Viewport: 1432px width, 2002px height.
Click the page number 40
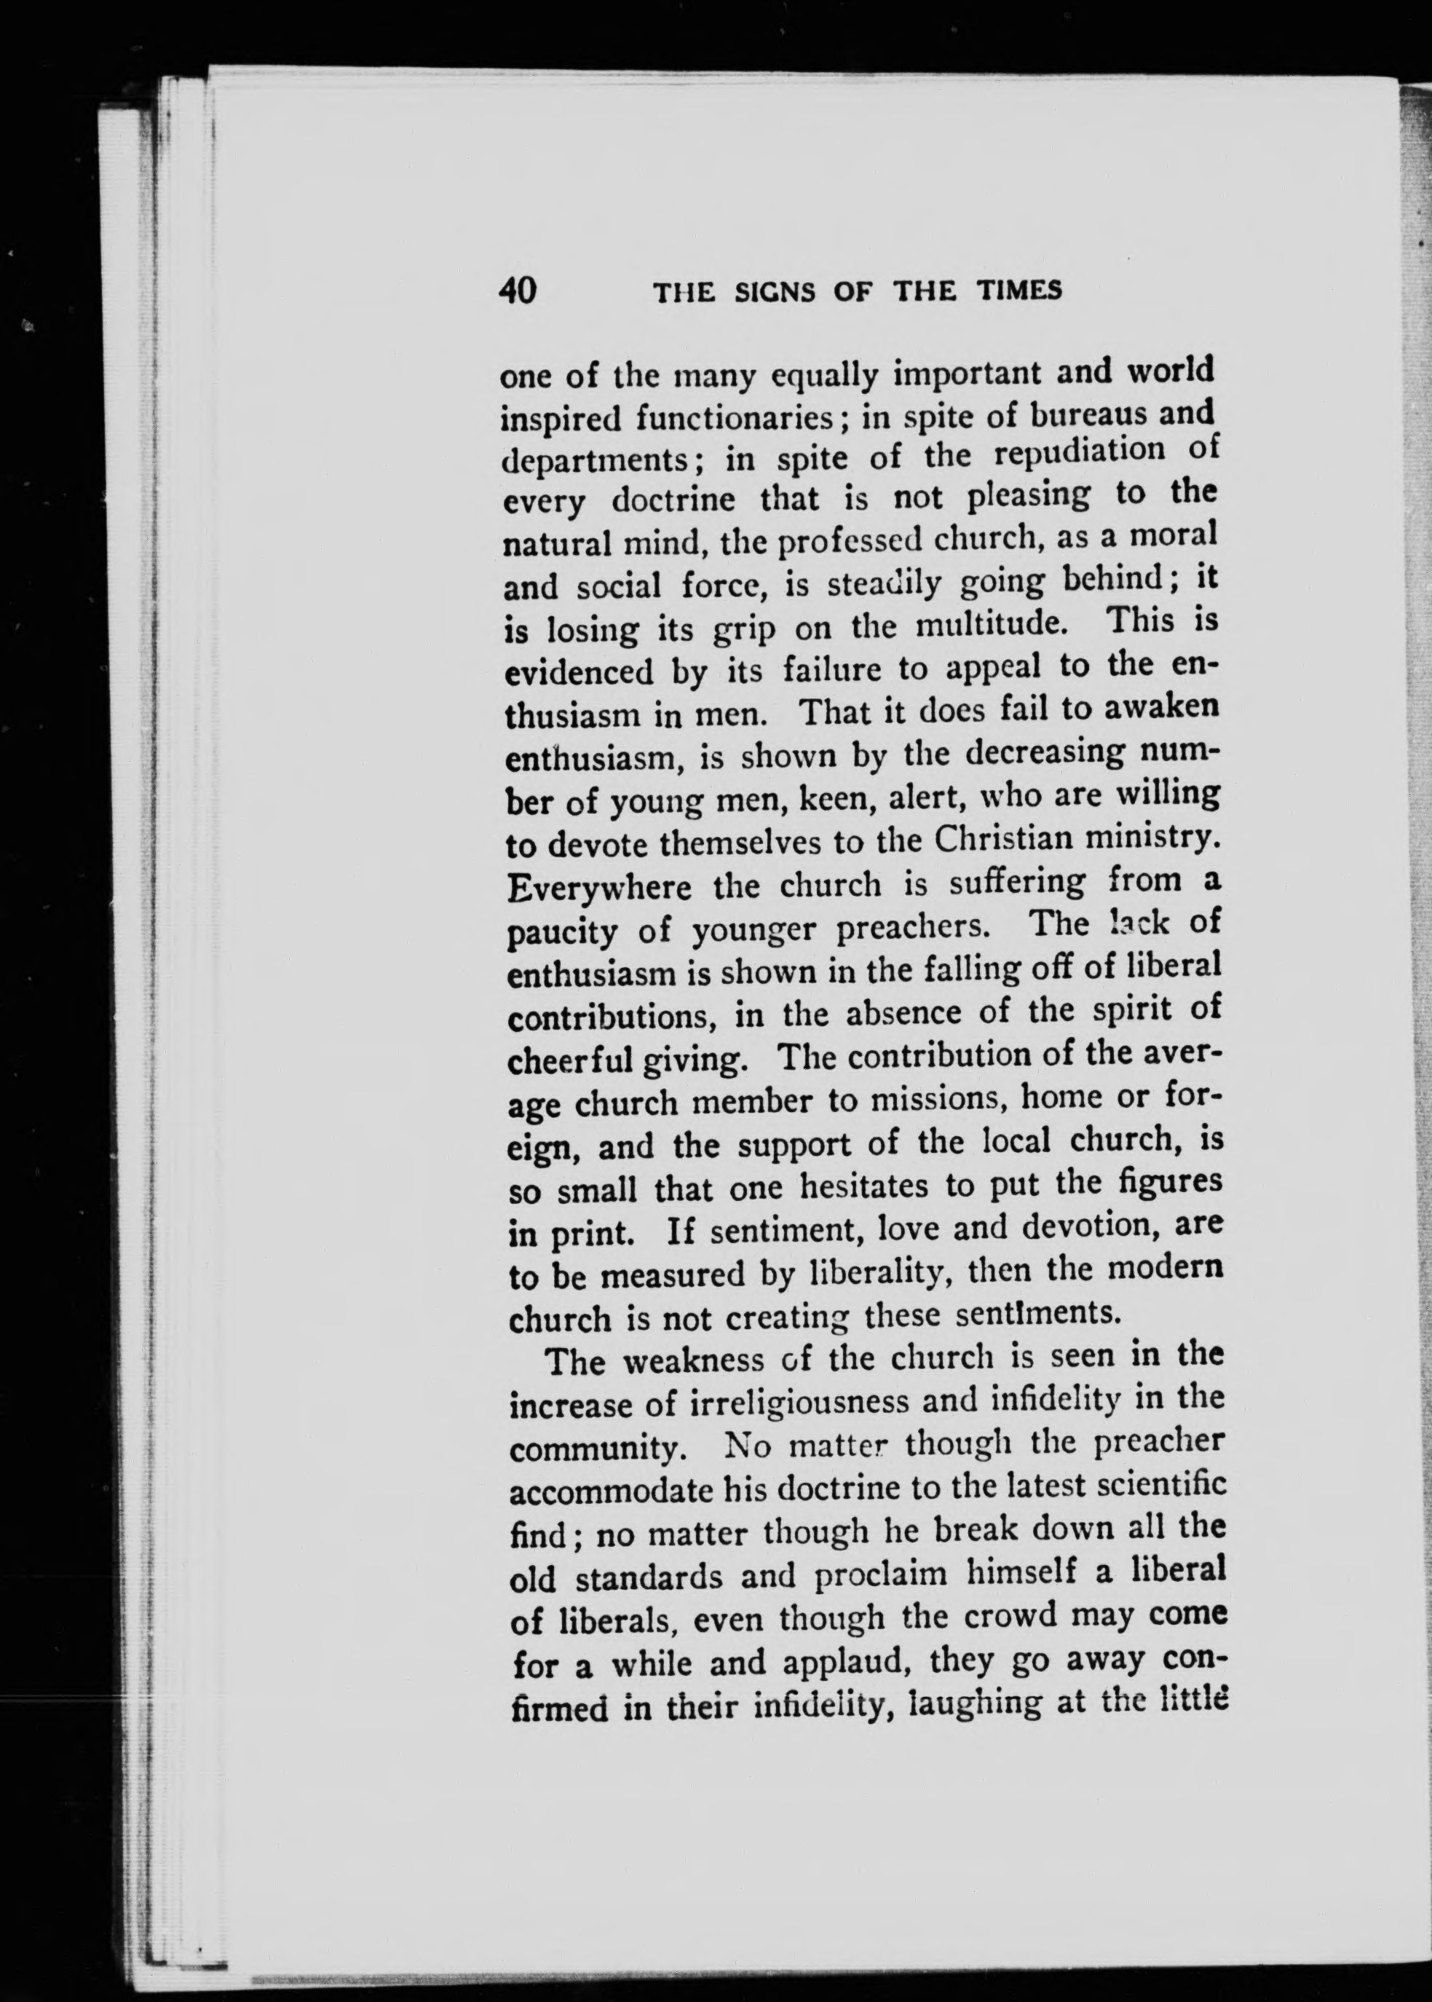click(518, 290)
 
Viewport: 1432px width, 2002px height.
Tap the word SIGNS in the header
click(776, 291)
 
